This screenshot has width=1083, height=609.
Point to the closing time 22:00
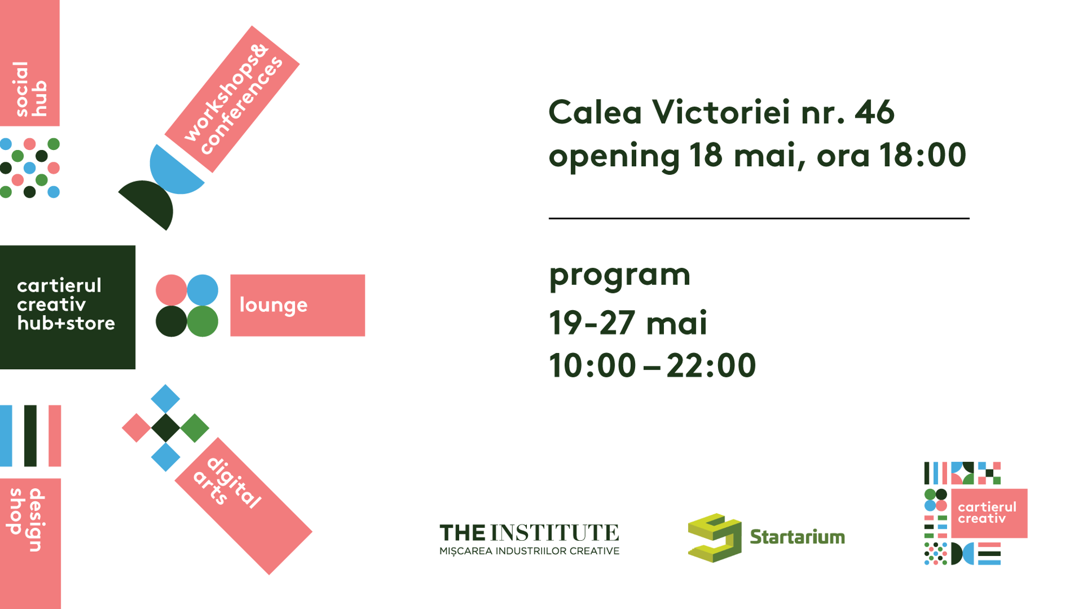pos(711,365)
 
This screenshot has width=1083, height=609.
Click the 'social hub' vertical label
pos(30,89)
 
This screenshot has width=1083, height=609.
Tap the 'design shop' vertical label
pos(27,520)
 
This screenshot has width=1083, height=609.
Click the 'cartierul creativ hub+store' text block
pos(66,304)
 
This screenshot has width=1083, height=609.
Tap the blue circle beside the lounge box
pos(203,290)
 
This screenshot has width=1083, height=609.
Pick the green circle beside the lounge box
pos(203,321)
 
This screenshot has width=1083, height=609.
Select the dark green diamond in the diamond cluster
pos(166,428)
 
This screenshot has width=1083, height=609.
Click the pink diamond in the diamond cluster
pos(136,428)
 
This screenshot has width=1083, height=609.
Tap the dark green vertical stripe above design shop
pos(30,436)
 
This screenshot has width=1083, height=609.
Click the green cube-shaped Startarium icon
pos(714,538)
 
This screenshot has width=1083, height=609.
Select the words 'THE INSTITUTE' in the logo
pos(529,533)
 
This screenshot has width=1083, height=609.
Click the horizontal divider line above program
pos(759,219)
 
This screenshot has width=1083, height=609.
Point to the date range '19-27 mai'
pos(628,323)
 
